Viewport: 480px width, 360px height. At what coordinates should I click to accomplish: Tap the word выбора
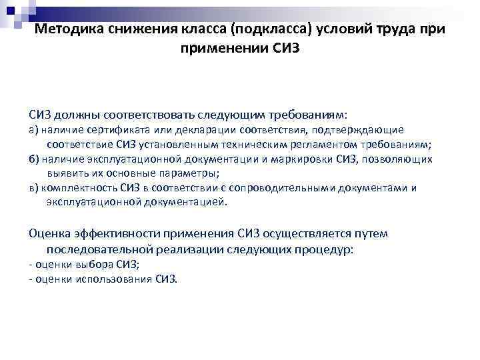pyautogui.click(x=92, y=265)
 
